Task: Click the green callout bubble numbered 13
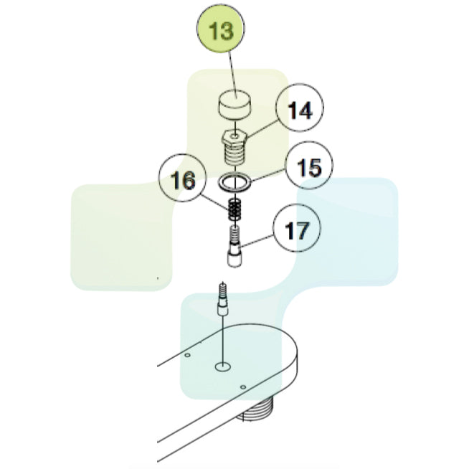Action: [x=220, y=29]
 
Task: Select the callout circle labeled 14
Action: [x=300, y=108]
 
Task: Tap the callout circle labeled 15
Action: [x=308, y=166]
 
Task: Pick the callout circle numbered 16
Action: [x=182, y=178]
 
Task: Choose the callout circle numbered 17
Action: [x=296, y=228]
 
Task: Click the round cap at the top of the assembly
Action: [x=234, y=105]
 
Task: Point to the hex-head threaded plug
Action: [x=234, y=148]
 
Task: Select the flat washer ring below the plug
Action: [x=235, y=182]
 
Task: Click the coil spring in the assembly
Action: [x=234, y=209]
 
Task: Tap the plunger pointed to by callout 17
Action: [x=234, y=246]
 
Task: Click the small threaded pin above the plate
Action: [x=223, y=299]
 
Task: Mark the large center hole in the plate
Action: [x=223, y=366]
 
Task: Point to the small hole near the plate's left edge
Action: [x=188, y=355]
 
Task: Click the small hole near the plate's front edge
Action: [x=243, y=387]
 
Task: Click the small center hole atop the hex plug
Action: [x=235, y=136]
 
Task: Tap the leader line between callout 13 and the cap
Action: [x=233, y=74]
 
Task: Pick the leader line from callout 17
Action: [x=257, y=241]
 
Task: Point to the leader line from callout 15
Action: [x=267, y=176]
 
